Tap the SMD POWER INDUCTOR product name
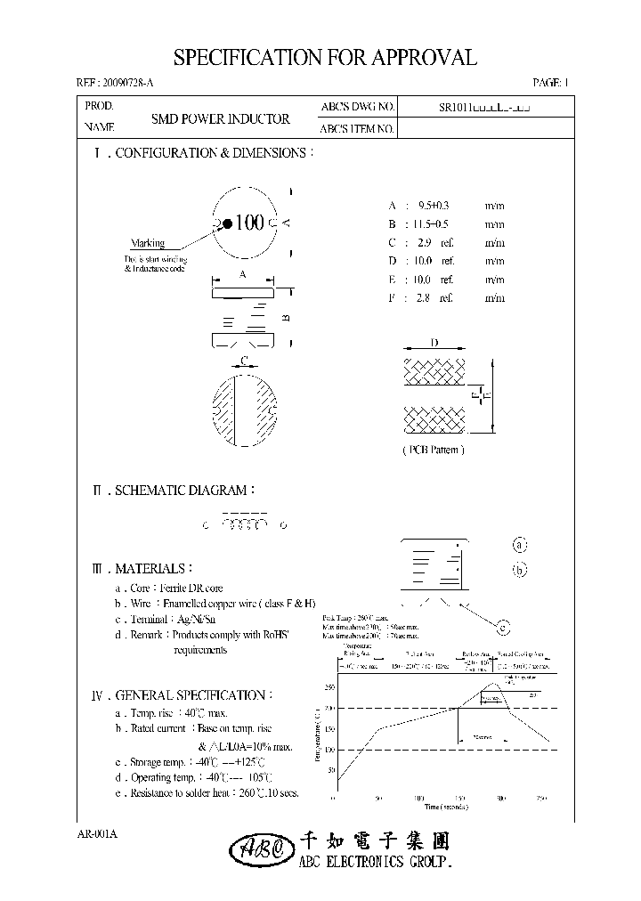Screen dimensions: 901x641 point(220,118)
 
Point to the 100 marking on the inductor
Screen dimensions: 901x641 point(250,223)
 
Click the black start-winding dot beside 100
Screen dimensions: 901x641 point(228,223)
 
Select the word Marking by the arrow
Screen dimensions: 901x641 point(148,243)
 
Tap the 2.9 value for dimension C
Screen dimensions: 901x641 point(423,242)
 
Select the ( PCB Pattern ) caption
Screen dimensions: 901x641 point(433,450)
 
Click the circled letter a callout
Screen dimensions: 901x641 point(520,545)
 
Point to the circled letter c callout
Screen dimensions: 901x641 point(502,629)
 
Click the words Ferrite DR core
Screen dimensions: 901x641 point(191,588)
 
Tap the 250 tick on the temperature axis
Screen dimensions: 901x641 point(329,687)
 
